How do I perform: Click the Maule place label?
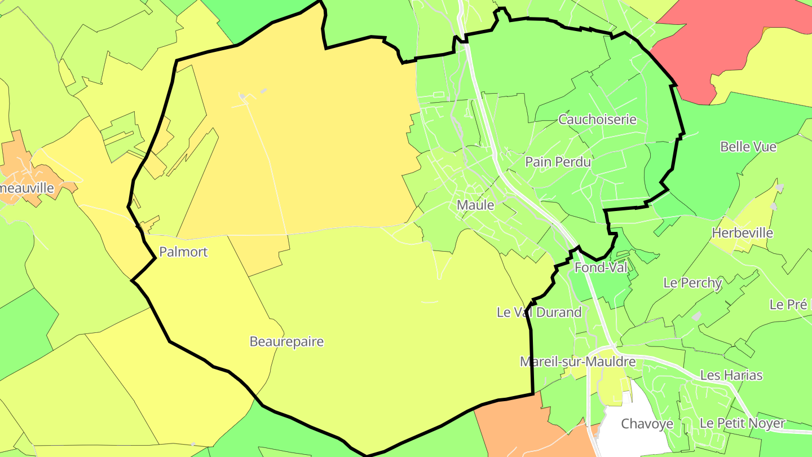coord(475,205)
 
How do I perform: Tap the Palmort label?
coord(183,252)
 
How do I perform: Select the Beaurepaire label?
coord(286,341)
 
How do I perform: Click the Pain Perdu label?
coord(558,162)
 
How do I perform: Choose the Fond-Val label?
coord(601,267)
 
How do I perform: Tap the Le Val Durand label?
coord(539,312)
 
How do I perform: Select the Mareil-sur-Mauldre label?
coord(577,362)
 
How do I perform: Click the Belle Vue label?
coord(748,147)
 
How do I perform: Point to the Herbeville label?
coord(742,232)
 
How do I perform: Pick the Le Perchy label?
coord(692,283)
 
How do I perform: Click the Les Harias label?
coord(731,375)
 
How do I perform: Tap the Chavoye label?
coord(647,423)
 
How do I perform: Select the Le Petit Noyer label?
coord(742,423)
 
